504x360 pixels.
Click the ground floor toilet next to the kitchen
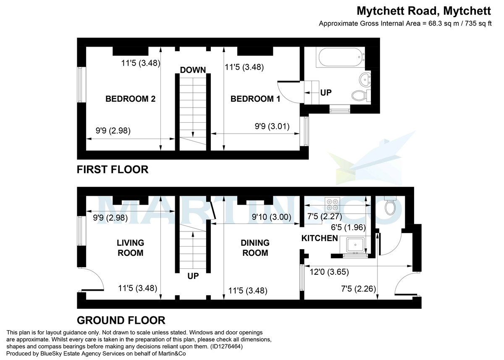point(391,206)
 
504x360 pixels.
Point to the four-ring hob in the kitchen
point(334,204)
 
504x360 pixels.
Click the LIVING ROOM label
point(130,248)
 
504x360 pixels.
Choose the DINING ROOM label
point(255,248)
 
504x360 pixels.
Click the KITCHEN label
point(320,238)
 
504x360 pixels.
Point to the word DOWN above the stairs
point(193,70)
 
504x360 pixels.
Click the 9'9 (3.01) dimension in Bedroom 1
point(272,126)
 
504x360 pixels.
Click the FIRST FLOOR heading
point(113,170)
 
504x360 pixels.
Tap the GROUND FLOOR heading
point(121,321)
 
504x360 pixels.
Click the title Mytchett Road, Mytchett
point(424,10)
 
